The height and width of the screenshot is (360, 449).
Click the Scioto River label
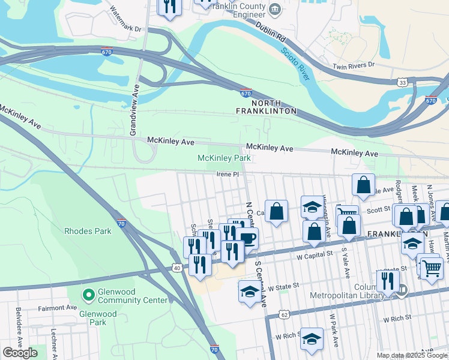(x=295, y=64)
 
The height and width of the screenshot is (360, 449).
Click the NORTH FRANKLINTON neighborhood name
(x=267, y=107)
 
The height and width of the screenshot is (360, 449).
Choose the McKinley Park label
(x=224, y=158)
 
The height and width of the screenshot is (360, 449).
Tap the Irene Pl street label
(x=228, y=175)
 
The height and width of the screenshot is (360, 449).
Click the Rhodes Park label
(x=88, y=230)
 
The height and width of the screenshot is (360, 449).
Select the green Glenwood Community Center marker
(x=89, y=294)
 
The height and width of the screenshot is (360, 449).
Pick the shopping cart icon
(x=432, y=268)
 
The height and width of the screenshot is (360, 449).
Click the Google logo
(x=20, y=353)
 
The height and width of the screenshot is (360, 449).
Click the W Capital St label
(x=315, y=254)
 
